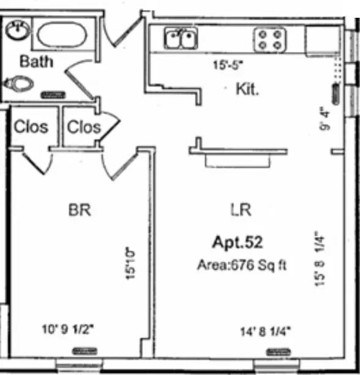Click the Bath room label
(36, 61)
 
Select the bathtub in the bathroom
(62, 34)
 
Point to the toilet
(18, 83)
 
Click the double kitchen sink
(181, 38)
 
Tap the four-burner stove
(270, 40)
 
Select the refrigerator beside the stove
(323, 40)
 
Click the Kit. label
(247, 89)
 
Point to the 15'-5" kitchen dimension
(228, 65)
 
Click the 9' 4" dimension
(324, 118)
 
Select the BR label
(80, 210)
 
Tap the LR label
(241, 210)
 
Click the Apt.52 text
(238, 242)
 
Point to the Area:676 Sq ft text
(241, 265)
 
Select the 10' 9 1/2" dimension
(67, 329)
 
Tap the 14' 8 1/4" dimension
(265, 331)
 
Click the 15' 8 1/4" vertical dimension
(320, 259)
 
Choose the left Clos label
(31, 126)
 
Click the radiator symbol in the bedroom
(85, 351)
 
